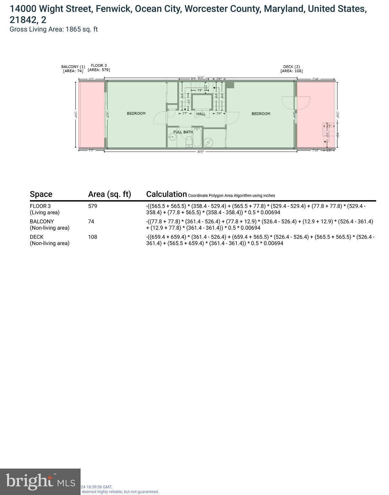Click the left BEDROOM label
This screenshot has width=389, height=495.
click(136, 113)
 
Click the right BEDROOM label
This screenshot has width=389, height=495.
click(261, 114)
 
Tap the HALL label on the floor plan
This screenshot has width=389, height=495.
click(201, 114)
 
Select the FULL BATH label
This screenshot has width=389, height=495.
click(183, 132)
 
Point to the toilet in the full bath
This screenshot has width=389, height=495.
click(189, 141)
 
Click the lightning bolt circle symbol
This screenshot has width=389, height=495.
click(209, 142)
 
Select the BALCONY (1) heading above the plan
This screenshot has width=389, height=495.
click(73, 67)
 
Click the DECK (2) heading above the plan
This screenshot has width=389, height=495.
click(291, 67)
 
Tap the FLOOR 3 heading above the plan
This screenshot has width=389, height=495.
click(99, 65)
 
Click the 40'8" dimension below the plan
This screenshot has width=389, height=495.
click(200, 151)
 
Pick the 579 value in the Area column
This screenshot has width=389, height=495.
click(92, 206)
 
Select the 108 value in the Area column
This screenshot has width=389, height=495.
click(92, 237)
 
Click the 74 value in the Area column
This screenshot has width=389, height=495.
click(91, 222)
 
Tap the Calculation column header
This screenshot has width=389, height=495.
click(166, 194)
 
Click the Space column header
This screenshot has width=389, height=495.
click(41, 194)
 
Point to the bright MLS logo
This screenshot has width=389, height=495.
click(40, 481)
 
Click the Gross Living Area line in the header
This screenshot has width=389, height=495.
click(53, 29)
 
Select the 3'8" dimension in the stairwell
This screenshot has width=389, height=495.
click(200, 91)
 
